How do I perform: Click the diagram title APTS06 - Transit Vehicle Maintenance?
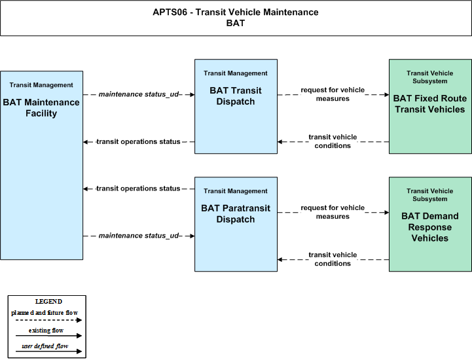236,12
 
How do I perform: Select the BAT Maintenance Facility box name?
41,108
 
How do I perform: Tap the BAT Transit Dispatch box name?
236,96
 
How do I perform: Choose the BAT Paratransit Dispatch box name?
236,214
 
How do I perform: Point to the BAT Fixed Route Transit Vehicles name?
430,104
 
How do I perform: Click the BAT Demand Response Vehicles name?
430,227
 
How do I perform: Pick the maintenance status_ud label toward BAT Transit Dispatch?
139,94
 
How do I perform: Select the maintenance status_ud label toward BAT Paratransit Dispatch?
139,236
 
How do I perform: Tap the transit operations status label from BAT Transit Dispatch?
139,141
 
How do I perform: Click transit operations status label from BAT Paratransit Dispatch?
139,189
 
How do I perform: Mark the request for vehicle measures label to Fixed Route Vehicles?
333,94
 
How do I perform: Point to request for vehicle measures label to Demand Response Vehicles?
333,212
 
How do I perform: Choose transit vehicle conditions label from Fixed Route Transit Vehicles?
333,141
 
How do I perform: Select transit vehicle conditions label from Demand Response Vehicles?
333,259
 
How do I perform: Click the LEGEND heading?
48,301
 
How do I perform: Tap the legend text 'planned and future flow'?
45,313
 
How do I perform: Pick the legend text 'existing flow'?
46,331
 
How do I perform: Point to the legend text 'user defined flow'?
45,346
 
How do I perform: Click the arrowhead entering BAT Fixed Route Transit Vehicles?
386,94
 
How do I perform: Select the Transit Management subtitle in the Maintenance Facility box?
41,85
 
